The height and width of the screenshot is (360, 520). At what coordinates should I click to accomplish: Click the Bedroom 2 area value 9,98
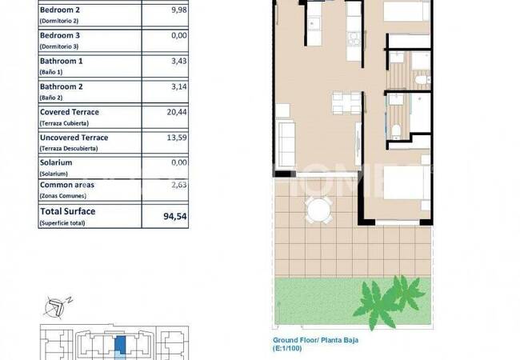179,10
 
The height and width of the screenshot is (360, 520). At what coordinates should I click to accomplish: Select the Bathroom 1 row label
62,62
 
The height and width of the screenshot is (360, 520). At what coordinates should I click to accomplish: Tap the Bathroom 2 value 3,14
179,87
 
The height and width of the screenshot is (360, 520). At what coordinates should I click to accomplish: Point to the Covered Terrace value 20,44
177,112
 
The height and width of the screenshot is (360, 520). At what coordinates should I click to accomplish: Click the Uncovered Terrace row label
74,138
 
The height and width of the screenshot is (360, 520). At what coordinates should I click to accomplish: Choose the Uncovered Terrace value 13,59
177,138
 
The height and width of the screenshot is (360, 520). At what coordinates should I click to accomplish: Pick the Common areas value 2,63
179,185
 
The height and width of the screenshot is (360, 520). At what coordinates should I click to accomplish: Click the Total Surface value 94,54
175,217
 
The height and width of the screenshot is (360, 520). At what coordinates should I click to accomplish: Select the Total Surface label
68,211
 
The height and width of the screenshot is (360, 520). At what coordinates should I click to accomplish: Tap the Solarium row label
56,162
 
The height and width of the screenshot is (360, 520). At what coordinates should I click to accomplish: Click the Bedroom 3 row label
60,35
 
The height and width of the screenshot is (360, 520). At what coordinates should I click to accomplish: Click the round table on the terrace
318,210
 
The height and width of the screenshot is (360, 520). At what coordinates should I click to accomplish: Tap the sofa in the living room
286,145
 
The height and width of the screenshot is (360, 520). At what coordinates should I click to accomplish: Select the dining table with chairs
346,102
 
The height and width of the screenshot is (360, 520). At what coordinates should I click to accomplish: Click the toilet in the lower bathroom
396,132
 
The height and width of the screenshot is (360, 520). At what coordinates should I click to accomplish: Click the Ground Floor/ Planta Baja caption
315,340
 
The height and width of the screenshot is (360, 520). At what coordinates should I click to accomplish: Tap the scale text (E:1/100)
287,348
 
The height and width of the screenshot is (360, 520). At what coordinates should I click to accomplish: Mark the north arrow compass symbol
57,307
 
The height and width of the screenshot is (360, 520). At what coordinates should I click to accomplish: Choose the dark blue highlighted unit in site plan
120,345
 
